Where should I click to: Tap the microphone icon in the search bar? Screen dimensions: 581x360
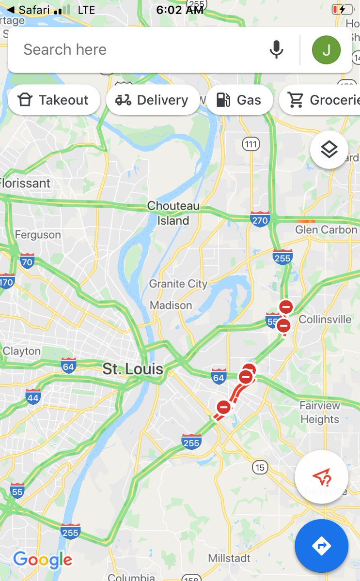[x=276, y=49]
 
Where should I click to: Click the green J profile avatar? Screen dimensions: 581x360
[x=326, y=49]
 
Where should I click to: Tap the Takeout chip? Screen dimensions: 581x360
[x=54, y=100]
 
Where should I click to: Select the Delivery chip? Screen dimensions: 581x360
[x=153, y=100]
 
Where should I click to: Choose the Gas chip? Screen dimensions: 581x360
[x=239, y=100]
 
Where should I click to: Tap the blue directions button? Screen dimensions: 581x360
[x=321, y=546]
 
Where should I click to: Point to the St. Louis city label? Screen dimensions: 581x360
[x=133, y=369]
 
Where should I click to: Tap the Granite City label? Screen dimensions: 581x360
[x=178, y=284]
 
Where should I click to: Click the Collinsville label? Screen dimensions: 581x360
[x=325, y=320]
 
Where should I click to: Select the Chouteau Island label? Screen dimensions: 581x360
[x=173, y=214]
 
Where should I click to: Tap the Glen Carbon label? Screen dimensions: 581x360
[x=326, y=229]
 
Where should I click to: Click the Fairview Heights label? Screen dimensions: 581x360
[x=320, y=413]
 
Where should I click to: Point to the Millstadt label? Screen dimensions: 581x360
[x=230, y=558]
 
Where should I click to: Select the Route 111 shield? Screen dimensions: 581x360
[x=251, y=144]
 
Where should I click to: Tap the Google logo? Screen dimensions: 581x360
[x=43, y=560]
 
